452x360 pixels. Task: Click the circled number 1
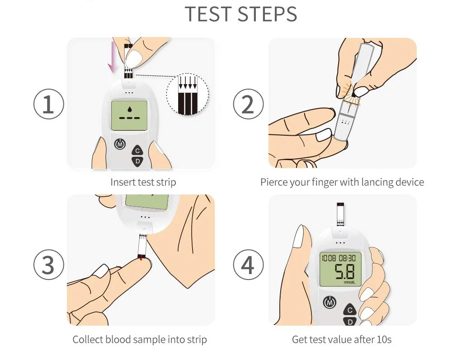(49, 104)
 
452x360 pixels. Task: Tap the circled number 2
(248, 104)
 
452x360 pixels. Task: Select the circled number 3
(49, 265)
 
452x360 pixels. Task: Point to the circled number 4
(248, 265)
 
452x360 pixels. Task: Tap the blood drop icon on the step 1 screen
(130, 109)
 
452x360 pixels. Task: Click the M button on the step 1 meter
(120, 144)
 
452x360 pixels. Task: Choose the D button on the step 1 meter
(138, 161)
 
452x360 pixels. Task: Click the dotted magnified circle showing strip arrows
(188, 95)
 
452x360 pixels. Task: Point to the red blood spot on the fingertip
(141, 259)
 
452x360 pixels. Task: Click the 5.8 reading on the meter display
(344, 271)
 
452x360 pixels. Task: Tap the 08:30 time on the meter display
(347, 258)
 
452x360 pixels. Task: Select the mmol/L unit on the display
(349, 282)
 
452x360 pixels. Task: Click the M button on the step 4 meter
(330, 302)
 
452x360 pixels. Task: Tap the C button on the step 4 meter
(350, 310)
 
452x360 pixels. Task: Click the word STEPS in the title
(268, 14)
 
